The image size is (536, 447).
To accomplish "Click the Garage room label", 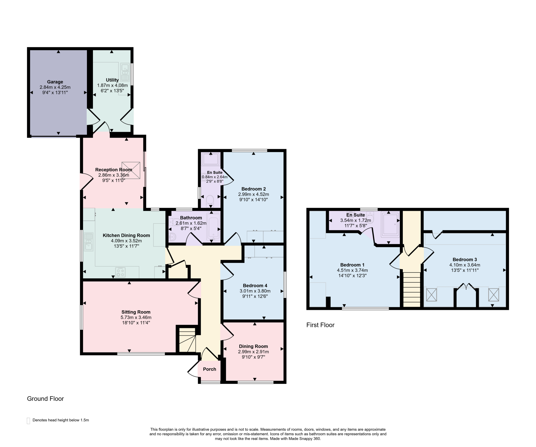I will click(x=55, y=82).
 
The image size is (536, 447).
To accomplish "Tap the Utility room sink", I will click(x=125, y=72).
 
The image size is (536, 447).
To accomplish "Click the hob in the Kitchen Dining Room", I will click(x=120, y=272).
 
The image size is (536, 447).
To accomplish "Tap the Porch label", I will click(x=209, y=369).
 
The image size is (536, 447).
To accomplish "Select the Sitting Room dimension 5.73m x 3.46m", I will click(x=136, y=317).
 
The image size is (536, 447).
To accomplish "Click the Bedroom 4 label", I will click(x=255, y=285).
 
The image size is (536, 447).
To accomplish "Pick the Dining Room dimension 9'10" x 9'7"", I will click(x=253, y=357).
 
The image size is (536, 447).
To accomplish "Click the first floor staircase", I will click(x=411, y=289).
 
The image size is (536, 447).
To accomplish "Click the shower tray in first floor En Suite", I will click(x=390, y=224).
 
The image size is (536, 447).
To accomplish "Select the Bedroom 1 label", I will click(x=352, y=265).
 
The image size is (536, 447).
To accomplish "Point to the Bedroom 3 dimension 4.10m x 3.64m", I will click(x=465, y=265).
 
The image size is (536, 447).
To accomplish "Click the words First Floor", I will click(x=320, y=325).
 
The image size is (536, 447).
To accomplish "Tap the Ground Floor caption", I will click(x=45, y=399).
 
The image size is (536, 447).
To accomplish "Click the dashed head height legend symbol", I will click(x=29, y=421).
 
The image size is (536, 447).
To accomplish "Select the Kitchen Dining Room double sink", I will click(x=88, y=242).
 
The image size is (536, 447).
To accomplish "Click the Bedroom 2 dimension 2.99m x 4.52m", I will click(x=253, y=194).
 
